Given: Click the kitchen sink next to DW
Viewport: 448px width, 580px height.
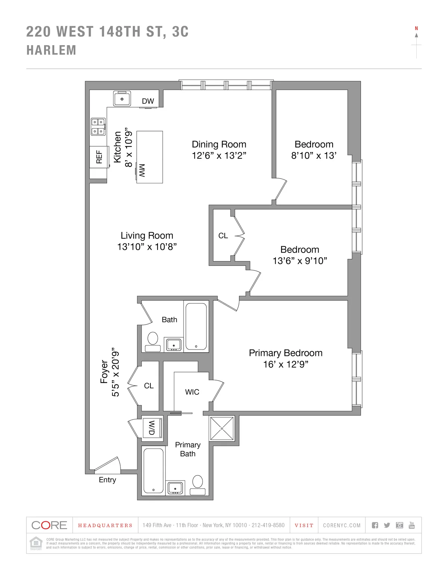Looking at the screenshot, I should tap(122, 99).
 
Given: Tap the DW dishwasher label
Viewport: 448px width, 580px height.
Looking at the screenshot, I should tap(148, 101).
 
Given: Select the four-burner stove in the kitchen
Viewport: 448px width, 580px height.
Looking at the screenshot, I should tap(98, 126).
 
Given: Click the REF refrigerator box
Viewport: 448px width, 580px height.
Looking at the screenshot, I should tap(99, 157).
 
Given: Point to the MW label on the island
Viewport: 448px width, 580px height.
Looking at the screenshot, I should tap(142, 170).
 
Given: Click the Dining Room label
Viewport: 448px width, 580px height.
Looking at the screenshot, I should tap(219, 145).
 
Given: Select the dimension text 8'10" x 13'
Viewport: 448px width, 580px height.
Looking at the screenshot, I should tap(314, 155).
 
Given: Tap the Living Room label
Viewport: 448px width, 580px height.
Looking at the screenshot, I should tap(147, 236).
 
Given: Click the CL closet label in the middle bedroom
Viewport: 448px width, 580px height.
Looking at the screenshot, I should tap(223, 236).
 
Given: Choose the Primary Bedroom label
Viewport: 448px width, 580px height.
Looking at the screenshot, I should tap(286, 353).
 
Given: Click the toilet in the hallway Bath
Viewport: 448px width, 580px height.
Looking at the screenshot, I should tap(152, 340).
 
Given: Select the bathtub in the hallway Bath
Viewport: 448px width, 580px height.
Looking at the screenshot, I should tap(196, 326).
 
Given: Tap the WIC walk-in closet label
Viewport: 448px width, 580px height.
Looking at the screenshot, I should tap(192, 392).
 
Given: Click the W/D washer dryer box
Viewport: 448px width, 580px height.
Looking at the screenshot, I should tap(152, 428).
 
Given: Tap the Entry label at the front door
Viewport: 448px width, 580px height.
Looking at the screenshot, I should tap(107, 480).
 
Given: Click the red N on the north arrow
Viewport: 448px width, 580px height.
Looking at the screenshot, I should tap(416, 28).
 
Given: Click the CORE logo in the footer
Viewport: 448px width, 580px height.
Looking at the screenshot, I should tap(49, 525).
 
